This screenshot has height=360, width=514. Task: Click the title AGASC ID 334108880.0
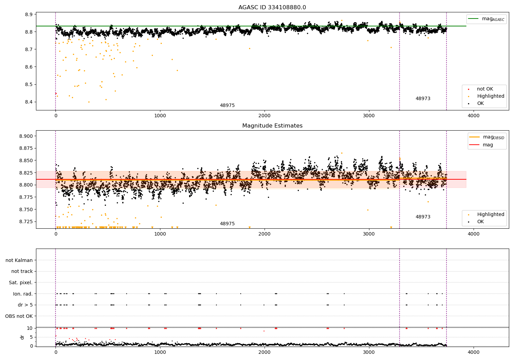tap(272, 8)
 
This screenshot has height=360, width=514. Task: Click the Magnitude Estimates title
tap(272, 126)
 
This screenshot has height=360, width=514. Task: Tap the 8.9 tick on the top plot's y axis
tap(29, 14)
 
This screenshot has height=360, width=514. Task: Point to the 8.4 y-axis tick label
tap(29, 102)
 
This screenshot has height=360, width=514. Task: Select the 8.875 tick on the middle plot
tap(26, 148)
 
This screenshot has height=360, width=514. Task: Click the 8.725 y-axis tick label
tap(26, 221)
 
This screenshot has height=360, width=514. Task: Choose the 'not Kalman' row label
tap(19, 260)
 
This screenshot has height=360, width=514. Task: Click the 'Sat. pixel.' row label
tap(21, 283)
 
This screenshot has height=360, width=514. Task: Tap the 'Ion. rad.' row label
tap(23, 294)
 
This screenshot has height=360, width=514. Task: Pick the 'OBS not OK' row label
tap(19, 316)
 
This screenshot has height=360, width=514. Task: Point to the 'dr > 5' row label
tap(25, 305)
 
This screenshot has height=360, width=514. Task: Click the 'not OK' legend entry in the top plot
tap(485, 89)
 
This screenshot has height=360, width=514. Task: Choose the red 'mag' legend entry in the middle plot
tap(488, 145)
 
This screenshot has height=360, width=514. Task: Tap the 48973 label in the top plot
tap(423, 99)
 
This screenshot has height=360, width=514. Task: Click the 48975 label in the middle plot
tap(227, 224)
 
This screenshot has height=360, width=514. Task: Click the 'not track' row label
tap(22, 271)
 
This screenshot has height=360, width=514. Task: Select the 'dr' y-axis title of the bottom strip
tap(22, 337)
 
